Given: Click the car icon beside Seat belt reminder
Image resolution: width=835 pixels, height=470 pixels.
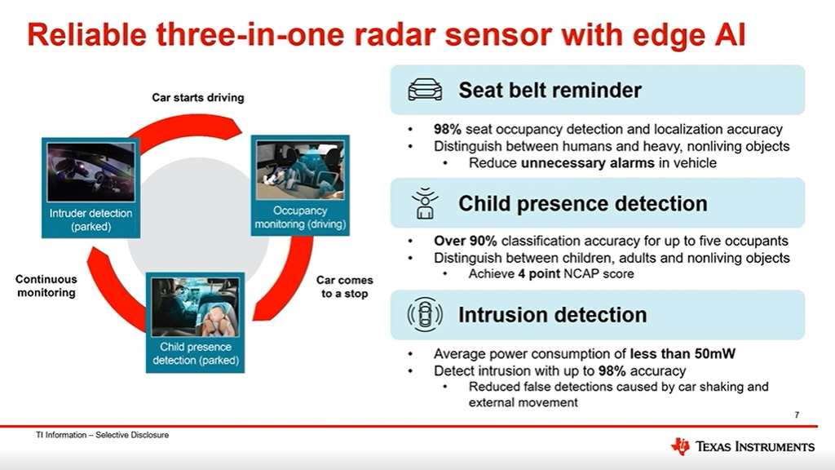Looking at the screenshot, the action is [425, 90].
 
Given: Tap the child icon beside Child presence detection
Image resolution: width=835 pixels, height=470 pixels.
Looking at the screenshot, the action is [424, 203].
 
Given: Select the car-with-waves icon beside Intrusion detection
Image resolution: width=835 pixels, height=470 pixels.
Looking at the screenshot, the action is [424, 315].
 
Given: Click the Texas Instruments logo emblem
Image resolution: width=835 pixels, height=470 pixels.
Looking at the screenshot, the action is [680, 446].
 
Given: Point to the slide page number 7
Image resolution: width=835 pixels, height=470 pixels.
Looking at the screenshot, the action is [797, 415].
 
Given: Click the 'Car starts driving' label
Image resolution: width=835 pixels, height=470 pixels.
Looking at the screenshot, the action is [198, 98].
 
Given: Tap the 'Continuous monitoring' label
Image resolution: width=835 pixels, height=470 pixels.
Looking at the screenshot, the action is [46, 286].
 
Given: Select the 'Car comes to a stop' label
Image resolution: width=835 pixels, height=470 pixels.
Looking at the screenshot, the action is [345, 286].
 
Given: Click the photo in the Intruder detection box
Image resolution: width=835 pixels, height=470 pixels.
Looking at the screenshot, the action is [91, 171].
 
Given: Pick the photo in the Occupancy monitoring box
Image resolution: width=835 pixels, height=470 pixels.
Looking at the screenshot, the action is [300, 170].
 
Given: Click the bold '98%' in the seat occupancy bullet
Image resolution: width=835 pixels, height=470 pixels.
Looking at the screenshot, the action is [448, 129].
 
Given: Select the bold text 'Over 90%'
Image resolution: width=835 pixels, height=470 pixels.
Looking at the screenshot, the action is [465, 241].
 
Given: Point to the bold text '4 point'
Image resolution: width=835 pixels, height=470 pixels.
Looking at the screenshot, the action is [539, 274].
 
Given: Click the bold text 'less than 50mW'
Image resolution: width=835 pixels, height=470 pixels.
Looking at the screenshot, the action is [683, 354].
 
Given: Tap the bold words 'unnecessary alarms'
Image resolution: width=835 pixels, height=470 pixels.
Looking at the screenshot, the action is [587, 163].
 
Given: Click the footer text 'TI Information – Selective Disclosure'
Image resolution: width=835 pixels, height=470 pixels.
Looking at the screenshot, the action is [102, 435].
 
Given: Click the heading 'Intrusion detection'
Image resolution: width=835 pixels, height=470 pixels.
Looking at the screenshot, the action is [553, 315].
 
